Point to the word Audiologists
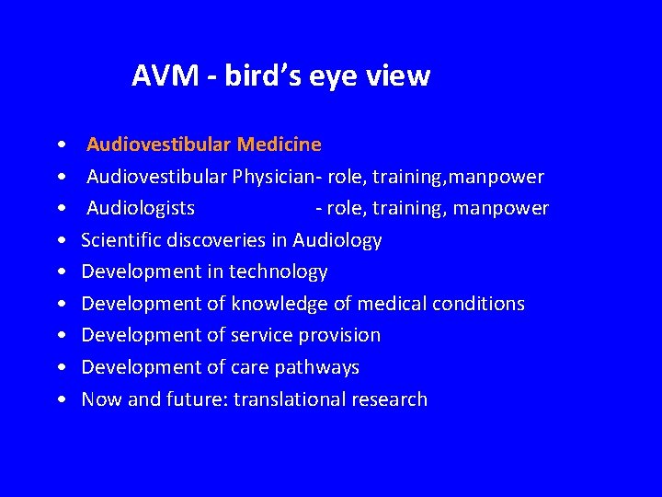[x=141, y=208]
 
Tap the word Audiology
[x=337, y=240]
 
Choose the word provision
[x=341, y=335]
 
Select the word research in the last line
[x=395, y=399]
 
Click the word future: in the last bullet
[x=202, y=399]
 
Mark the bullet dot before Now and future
[x=60, y=400]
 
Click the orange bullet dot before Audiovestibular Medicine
[x=60, y=145]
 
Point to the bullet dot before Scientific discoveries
[x=60, y=241]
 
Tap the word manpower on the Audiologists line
[x=505, y=208]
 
